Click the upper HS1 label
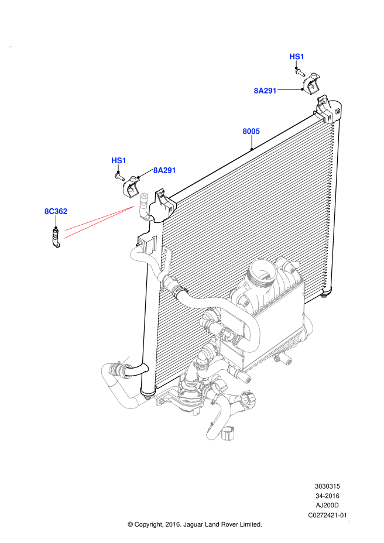point(297,57)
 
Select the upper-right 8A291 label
point(265,91)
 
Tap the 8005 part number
point(251,132)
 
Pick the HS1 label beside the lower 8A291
point(119,161)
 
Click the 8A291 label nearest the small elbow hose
point(164,170)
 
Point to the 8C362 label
point(56,211)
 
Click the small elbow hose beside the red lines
point(143,207)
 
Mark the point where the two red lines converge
point(134,206)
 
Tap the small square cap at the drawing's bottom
point(228,434)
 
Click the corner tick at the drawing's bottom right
point(349,521)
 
